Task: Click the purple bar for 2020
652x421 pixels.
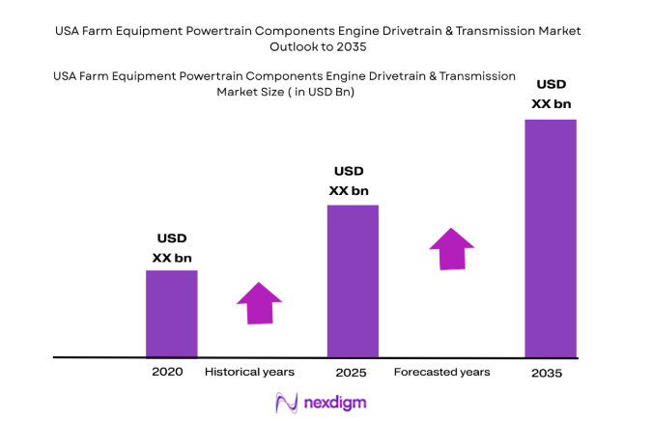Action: (171, 314)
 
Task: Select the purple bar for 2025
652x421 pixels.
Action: (353, 281)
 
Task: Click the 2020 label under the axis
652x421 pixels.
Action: (166, 372)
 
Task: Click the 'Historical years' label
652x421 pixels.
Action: (249, 372)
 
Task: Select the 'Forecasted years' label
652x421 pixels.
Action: (441, 372)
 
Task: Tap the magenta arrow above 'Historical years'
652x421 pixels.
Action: (259, 302)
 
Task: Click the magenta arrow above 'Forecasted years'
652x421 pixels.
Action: (451, 248)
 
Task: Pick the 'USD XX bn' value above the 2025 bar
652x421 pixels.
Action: (349, 181)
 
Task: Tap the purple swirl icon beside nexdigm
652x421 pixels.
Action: (286, 401)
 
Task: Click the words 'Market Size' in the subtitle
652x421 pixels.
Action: (249, 93)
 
